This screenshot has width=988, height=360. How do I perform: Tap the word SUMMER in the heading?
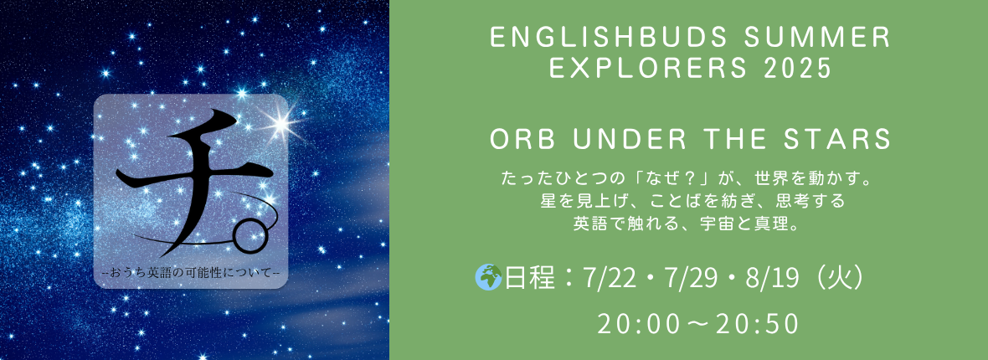point(810,39)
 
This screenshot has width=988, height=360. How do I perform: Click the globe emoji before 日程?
point(488,278)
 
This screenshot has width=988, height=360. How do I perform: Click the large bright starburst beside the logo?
point(280,121)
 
